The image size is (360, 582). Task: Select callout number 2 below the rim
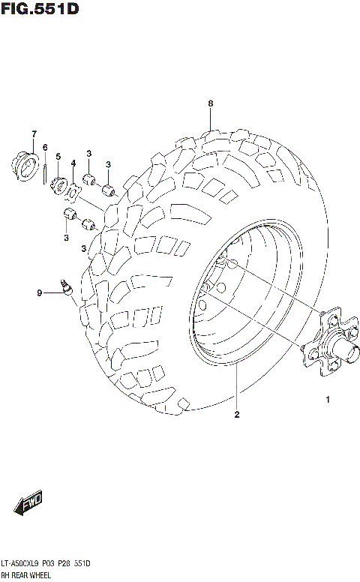tap(236, 414)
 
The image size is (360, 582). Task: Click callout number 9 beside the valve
tap(40, 293)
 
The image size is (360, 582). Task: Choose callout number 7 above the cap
tap(34, 134)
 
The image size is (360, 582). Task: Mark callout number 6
tap(45, 147)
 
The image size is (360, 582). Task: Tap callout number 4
tap(73, 163)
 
